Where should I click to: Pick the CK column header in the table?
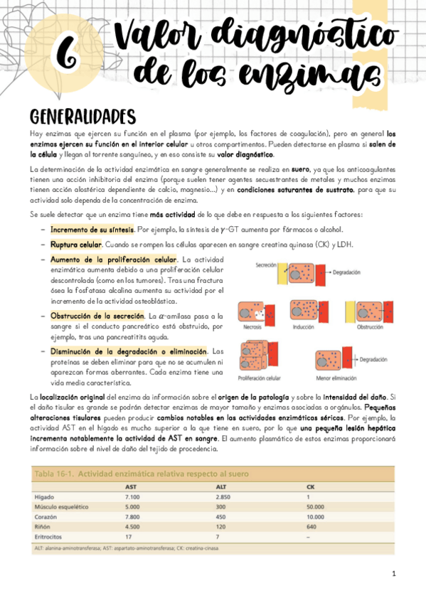[x=311, y=486]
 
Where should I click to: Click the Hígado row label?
[x=45, y=496]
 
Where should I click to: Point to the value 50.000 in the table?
[x=317, y=506]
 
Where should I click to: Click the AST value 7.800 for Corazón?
[x=133, y=516]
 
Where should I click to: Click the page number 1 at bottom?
[x=393, y=573]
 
